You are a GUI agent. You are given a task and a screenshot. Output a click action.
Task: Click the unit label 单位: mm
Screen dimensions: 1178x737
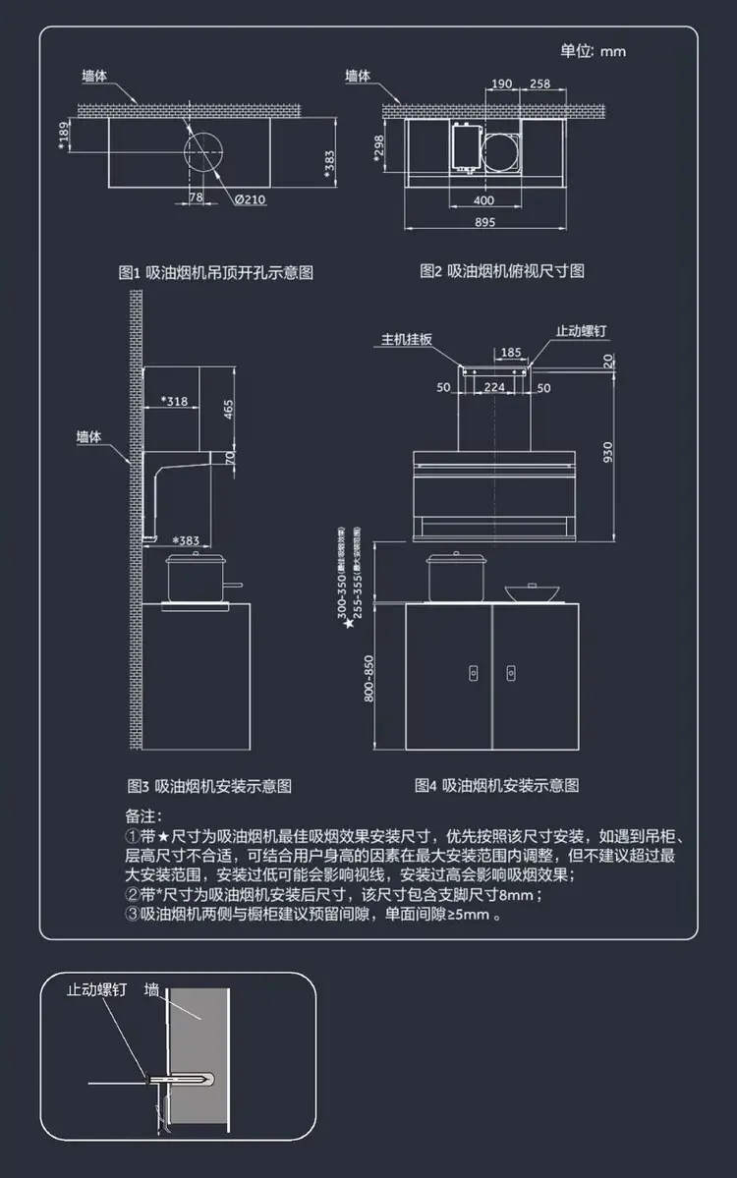click(593, 51)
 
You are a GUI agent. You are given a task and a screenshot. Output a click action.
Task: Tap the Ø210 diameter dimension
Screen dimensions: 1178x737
click(251, 199)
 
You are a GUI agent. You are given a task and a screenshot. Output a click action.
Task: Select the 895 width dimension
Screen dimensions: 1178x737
click(484, 223)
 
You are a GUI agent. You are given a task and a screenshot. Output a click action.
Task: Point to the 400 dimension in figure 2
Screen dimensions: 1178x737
click(483, 200)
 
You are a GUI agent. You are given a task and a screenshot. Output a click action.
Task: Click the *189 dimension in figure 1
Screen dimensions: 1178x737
click(65, 139)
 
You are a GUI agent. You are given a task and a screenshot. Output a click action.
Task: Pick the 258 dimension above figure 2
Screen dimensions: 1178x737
click(539, 84)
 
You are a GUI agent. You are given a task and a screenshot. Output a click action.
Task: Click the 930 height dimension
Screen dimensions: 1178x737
click(608, 451)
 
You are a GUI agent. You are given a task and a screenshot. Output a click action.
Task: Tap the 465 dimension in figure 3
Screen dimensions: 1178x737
click(229, 409)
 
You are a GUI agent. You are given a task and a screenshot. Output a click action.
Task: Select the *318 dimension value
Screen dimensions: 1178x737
click(175, 401)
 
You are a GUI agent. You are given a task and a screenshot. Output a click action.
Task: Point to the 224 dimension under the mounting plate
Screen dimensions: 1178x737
click(494, 388)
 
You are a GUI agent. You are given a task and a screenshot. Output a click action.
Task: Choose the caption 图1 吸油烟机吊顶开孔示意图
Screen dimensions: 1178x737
click(215, 272)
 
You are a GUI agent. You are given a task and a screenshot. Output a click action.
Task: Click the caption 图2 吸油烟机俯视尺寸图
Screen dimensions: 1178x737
click(502, 270)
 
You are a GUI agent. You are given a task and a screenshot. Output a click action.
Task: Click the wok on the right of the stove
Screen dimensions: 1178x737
click(533, 592)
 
